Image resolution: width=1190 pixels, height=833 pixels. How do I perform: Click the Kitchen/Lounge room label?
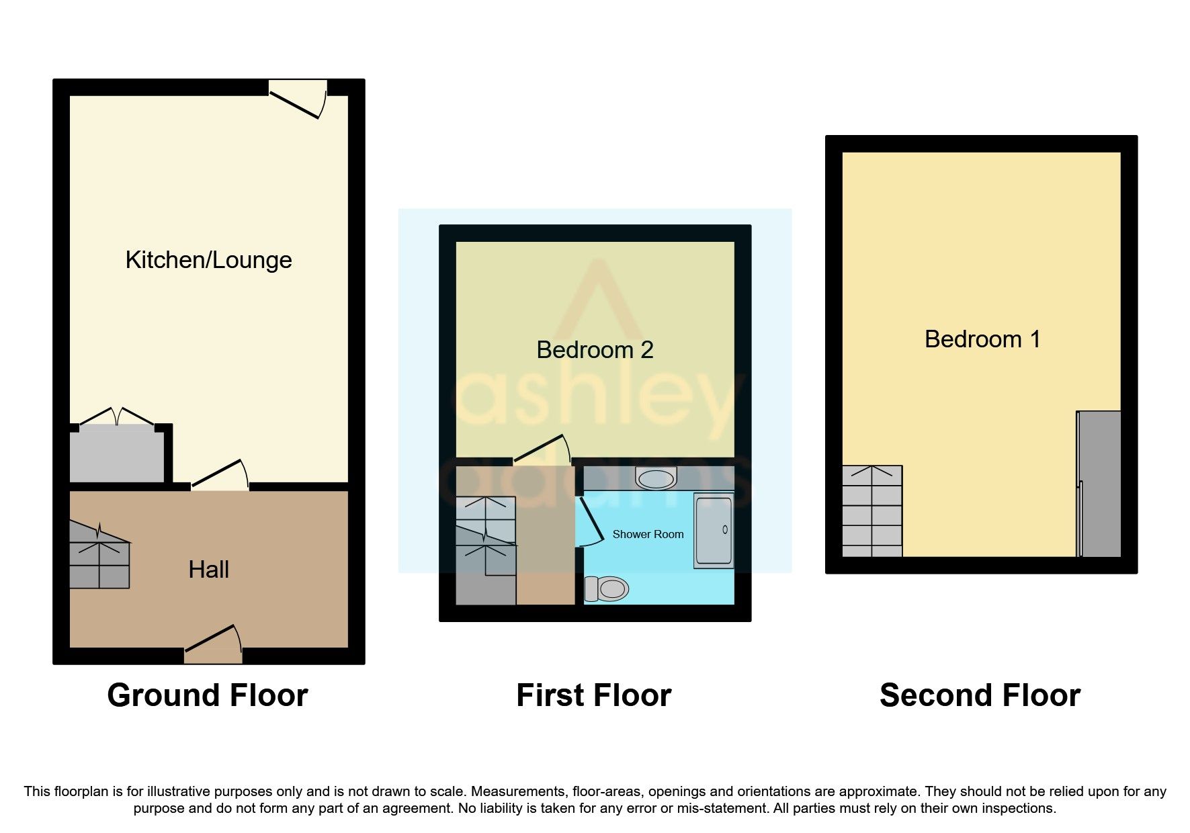208,260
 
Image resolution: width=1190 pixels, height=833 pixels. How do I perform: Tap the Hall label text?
208,570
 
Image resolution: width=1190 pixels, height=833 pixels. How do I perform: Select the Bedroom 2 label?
595,349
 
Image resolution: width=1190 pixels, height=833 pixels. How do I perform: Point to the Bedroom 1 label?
982,339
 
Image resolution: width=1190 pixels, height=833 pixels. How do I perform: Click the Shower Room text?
648,535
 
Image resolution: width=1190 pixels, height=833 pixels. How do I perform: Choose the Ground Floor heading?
208,695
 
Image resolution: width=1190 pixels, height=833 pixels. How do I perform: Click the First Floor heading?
594,695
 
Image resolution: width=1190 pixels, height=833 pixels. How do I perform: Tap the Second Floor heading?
980,695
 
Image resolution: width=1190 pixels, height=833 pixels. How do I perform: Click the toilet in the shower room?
606,589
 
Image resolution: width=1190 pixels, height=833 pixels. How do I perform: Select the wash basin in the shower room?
655,478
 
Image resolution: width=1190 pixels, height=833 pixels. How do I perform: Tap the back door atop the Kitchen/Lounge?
298,99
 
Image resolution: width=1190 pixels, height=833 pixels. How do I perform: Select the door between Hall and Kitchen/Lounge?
220,473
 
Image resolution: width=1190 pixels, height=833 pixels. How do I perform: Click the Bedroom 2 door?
542,449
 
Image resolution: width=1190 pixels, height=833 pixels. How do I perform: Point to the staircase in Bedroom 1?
872,511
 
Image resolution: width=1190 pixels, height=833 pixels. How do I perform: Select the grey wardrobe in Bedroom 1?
1099,484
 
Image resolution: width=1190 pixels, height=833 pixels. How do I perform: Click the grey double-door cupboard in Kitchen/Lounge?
117,452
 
